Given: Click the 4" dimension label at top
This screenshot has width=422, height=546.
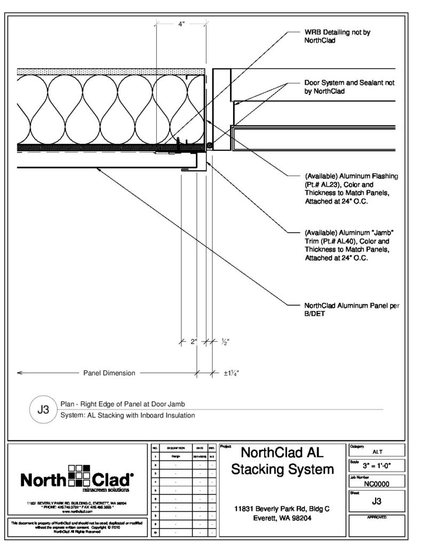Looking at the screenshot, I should (181, 25).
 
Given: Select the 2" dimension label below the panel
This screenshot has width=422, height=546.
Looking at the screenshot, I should (193, 342).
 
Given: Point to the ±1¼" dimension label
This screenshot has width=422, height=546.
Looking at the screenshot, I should (231, 373).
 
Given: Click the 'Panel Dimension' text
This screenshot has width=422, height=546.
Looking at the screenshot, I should (109, 373).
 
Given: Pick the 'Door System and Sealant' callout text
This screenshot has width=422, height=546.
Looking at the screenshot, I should (349, 87).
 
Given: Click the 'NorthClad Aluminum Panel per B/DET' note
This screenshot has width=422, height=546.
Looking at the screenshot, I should (352, 310).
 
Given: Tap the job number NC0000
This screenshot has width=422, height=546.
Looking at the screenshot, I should (377, 484).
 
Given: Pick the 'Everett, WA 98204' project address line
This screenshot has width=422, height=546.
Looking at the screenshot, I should (283, 518).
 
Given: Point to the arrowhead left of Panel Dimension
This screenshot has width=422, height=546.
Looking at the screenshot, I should (20, 373).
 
